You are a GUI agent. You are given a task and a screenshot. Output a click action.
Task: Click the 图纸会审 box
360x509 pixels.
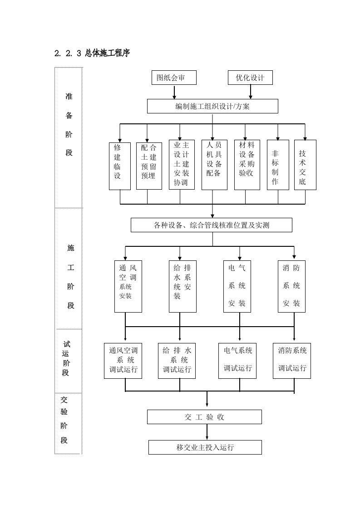click(174, 78)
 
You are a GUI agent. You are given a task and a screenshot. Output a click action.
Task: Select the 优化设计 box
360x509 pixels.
click(250, 78)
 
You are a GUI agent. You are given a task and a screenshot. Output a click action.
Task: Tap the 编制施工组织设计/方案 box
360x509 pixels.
click(212, 107)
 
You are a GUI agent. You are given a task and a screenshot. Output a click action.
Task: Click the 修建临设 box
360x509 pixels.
click(120, 166)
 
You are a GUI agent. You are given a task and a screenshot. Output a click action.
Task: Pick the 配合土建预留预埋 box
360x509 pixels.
click(149, 166)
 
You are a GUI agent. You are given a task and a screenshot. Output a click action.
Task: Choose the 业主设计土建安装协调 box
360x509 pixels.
click(182, 164)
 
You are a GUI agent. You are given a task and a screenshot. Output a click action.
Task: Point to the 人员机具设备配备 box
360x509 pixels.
click(214, 164)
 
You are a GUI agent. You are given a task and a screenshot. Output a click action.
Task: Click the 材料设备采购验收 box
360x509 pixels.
click(247, 164)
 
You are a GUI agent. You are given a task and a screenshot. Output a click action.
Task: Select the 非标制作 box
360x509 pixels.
click(278, 165)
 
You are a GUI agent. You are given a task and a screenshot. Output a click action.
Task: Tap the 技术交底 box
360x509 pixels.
click(305, 165)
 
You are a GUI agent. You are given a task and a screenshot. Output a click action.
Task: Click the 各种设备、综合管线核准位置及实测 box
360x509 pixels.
click(212, 225)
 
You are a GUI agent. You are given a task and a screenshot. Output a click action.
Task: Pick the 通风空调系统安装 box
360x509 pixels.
click(128, 286)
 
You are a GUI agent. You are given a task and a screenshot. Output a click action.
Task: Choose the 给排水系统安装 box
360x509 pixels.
click(182, 286)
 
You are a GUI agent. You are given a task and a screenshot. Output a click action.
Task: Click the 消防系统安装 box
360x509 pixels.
click(291, 286)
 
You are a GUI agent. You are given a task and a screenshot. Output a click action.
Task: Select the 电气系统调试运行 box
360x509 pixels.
click(238, 361)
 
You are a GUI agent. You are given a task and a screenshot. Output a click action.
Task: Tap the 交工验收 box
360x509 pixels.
click(204, 417)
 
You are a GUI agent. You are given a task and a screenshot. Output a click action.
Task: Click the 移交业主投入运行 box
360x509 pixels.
click(205, 447)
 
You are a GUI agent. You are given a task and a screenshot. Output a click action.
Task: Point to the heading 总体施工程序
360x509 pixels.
click(107, 53)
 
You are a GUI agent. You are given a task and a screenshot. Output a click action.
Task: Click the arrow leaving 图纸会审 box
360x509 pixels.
click(174, 92)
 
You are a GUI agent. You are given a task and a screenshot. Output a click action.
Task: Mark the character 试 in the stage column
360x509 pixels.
click(66, 345)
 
